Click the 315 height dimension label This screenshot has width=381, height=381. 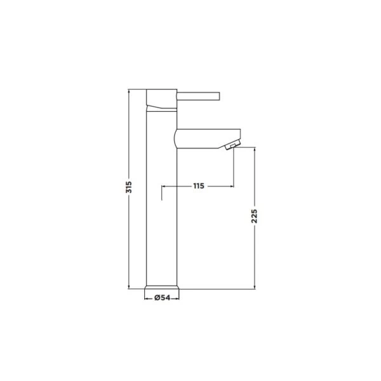point(129,187)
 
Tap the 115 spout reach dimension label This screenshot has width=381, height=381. point(199,186)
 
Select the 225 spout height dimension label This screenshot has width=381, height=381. point(254,216)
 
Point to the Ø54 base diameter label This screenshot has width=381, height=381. point(163,297)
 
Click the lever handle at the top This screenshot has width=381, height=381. point(198,96)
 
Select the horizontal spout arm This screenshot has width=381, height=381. point(208,138)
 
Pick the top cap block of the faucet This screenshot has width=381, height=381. point(161,98)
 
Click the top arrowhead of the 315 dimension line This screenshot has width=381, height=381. point(129,90)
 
